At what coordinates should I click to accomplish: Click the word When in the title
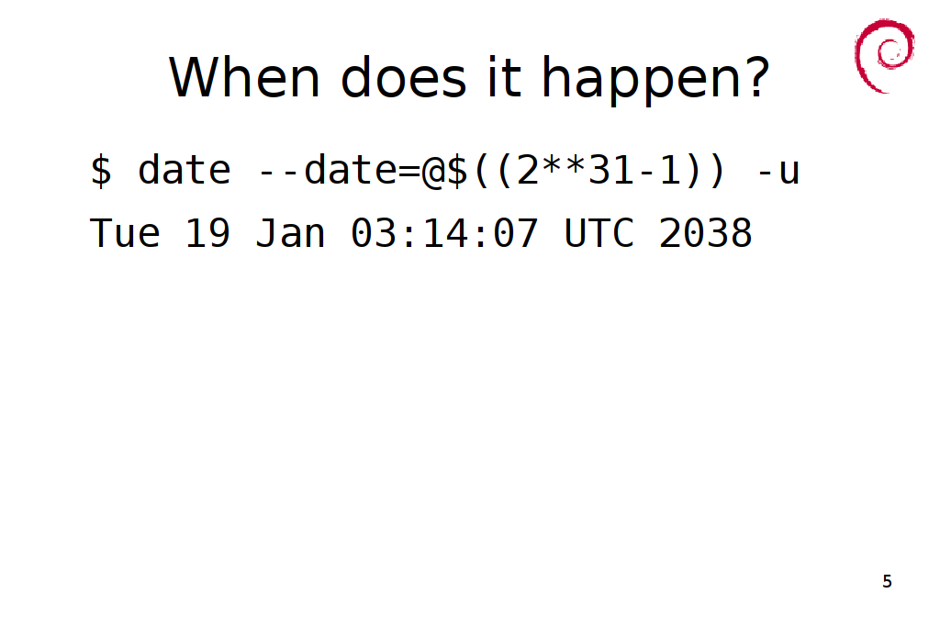click(244, 77)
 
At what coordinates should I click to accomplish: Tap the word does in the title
click(403, 77)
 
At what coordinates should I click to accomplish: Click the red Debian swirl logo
click(884, 55)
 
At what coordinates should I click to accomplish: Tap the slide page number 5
click(888, 581)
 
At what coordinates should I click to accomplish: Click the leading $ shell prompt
click(101, 171)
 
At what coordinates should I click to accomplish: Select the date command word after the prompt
click(184, 170)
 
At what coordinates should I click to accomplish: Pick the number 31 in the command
click(610, 170)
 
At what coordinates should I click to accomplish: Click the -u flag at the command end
click(778, 172)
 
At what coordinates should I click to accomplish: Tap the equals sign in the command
click(409, 172)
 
